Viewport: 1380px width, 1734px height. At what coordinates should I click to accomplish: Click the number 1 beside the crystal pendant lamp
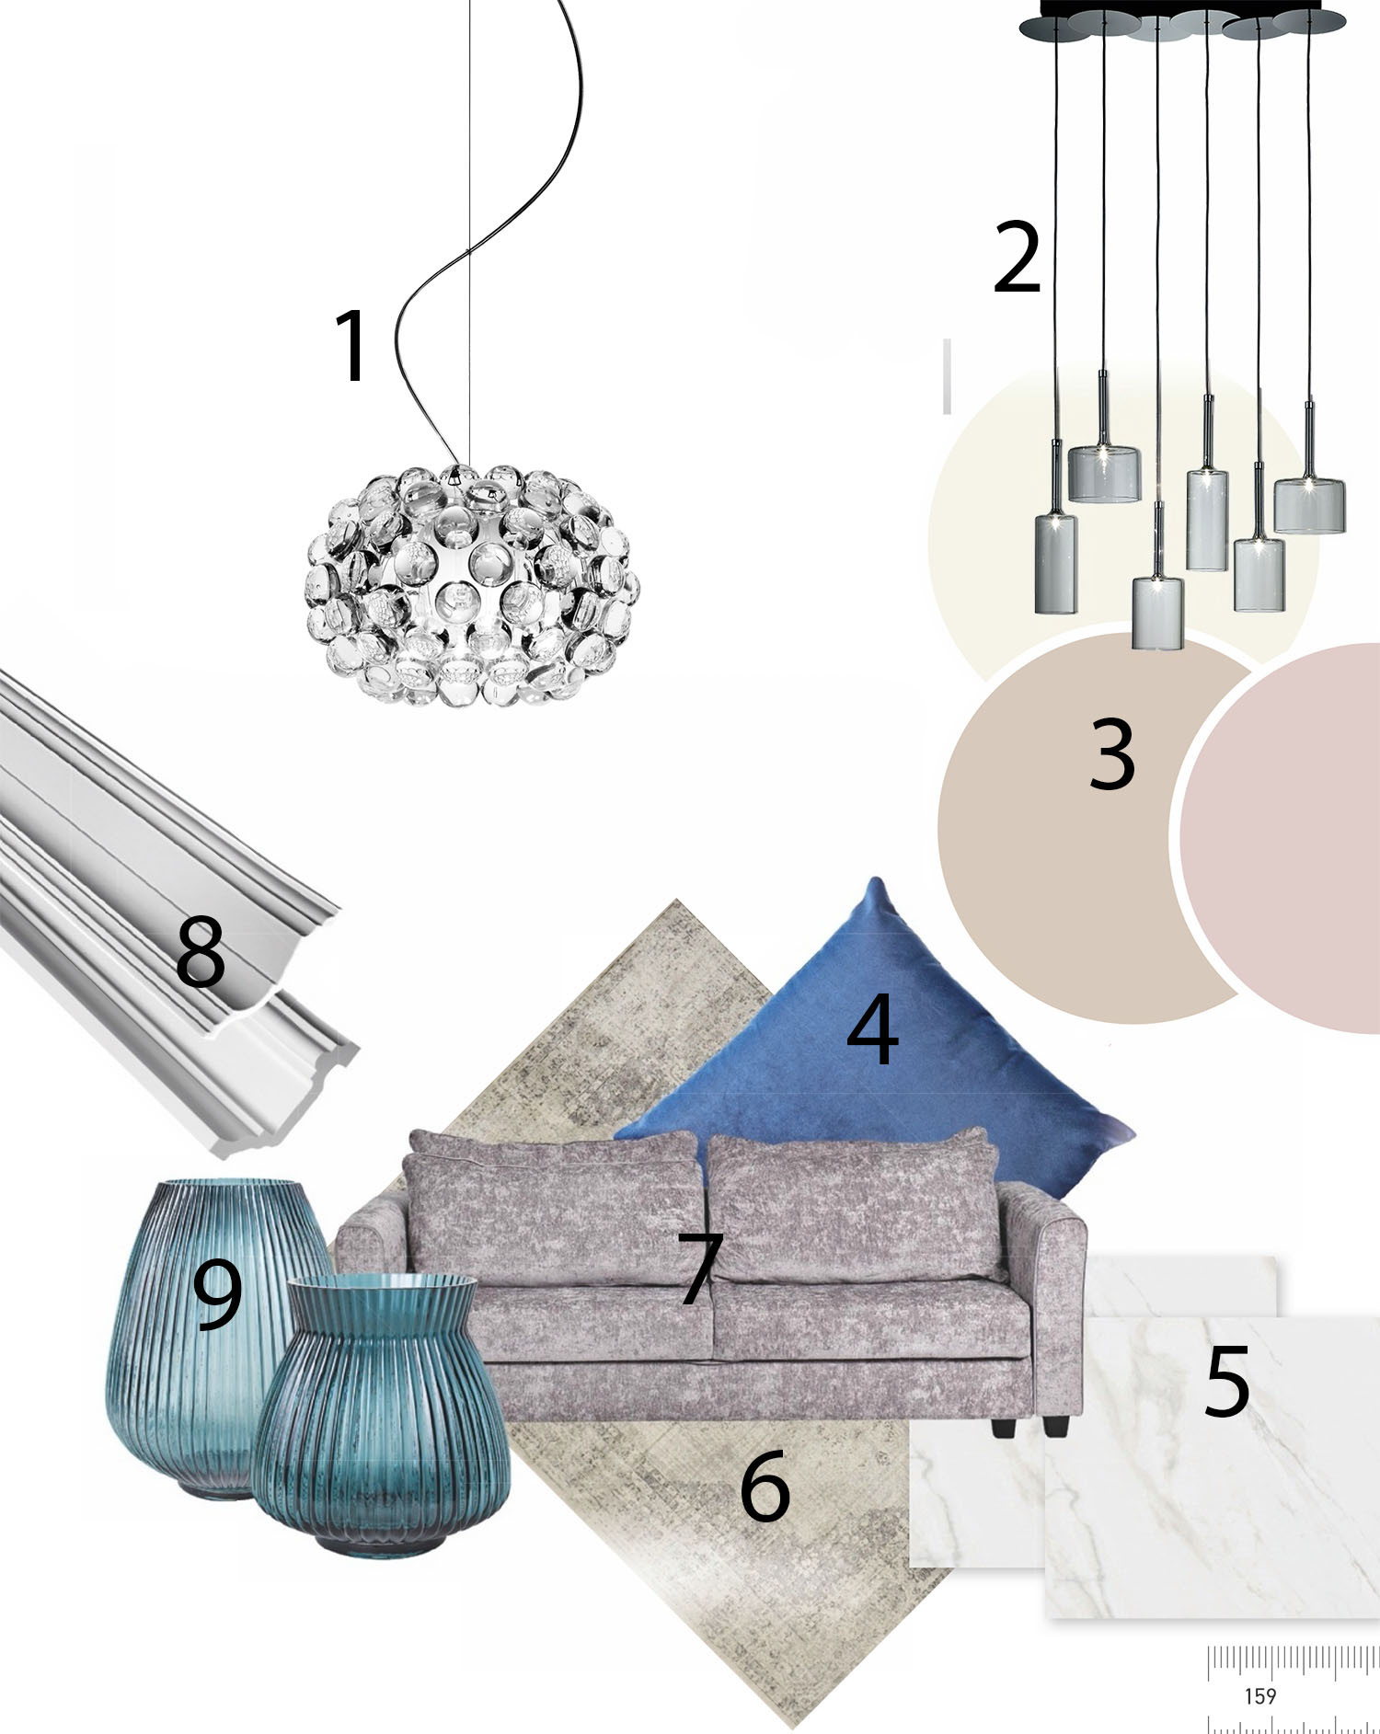tap(351, 345)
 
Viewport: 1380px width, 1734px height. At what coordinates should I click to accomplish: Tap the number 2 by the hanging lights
tap(1017, 258)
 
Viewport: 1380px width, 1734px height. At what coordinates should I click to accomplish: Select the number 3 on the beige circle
tap(1111, 754)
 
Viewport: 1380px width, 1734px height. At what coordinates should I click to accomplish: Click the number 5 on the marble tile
tap(1227, 1381)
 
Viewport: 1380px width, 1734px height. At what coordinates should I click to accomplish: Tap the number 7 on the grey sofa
tap(700, 1269)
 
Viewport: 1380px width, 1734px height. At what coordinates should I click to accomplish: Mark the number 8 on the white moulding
tap(201, 951)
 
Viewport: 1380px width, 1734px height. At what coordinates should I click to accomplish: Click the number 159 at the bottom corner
tap(1259, 1695)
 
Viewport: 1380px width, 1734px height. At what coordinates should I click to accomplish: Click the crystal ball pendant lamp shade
tap(472, 586)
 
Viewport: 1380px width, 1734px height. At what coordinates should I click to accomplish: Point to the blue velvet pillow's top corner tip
tap(875, 879)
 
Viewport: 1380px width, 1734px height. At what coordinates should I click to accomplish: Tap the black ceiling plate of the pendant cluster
tap(1183, 20)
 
